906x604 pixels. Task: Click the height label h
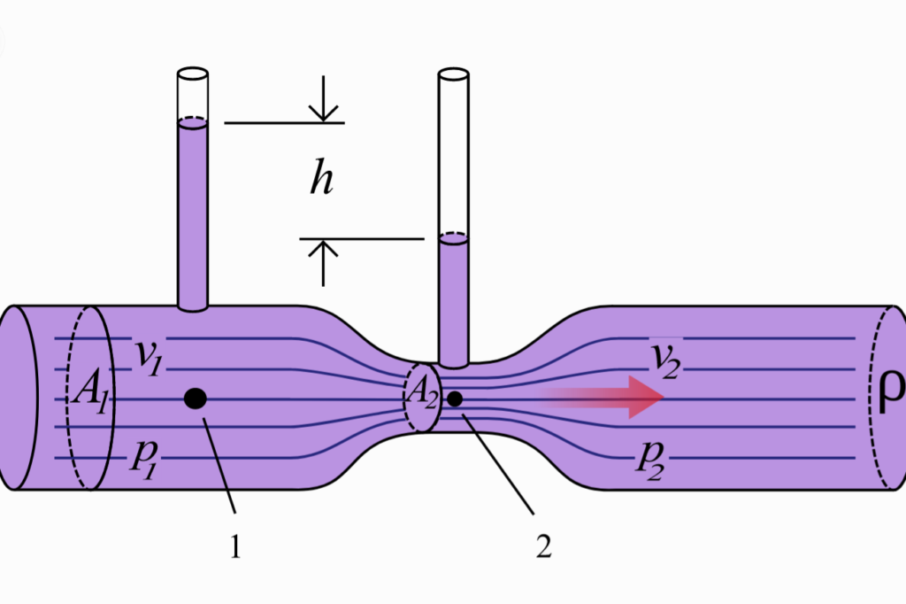(321, 180)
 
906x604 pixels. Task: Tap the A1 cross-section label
(90, 392)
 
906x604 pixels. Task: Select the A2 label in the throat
(421, 399)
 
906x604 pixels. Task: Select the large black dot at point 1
(196, 399)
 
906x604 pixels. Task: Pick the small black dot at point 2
(455, 399)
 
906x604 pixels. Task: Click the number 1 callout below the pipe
(235, 548)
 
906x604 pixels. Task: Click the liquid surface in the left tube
(192, 123)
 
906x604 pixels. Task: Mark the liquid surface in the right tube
(454, 237)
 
